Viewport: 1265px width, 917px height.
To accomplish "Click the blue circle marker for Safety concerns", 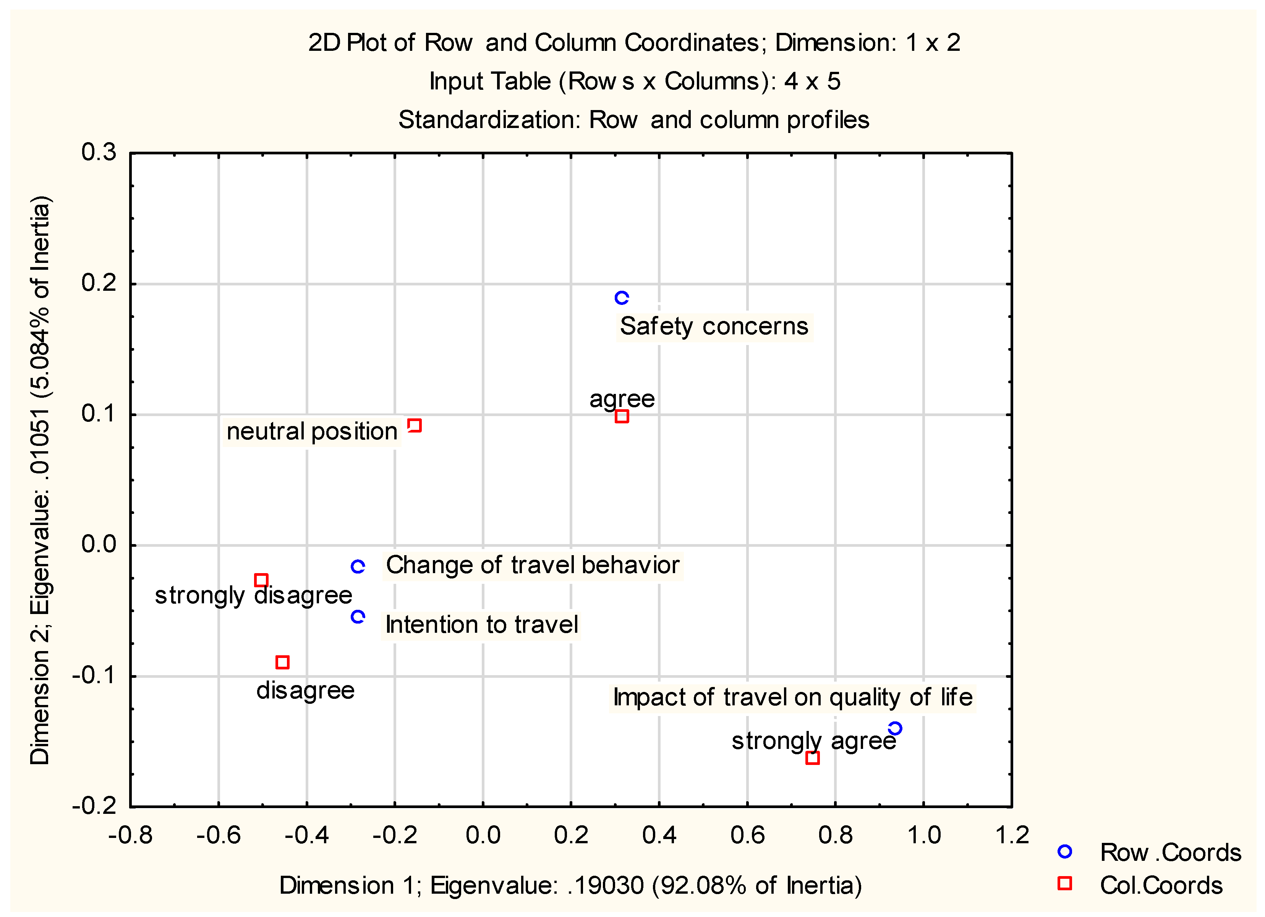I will (x=621, y=298).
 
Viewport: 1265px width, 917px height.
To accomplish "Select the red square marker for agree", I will (x=621, y=416).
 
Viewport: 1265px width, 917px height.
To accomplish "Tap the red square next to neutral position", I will (x=415, y=426).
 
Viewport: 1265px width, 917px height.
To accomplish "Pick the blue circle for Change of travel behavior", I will (x=358, y=567).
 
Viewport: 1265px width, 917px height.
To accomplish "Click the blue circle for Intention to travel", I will (x=358, y=616).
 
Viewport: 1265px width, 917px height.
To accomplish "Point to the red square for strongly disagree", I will (x=261, y=580).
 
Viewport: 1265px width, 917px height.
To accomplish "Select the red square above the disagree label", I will (x=282, y=662).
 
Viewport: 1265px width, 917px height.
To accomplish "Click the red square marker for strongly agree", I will (x=812, y=757).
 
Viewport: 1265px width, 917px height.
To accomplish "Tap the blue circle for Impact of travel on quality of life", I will (x=895, y=729).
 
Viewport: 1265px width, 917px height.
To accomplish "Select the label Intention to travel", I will (x=481, y=625).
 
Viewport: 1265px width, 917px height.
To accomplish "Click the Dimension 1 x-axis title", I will (x=570, y=885).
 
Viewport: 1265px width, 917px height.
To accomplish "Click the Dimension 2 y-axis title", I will (x=40, y=480).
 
